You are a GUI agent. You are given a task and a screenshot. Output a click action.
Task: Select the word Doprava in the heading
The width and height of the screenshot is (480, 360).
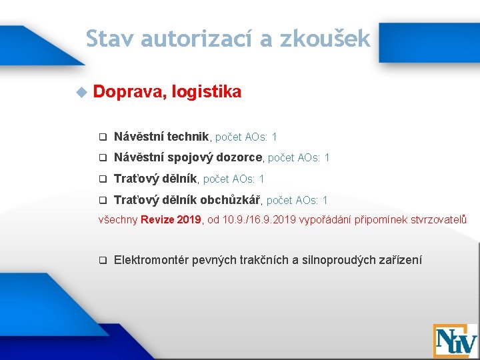point(129,92)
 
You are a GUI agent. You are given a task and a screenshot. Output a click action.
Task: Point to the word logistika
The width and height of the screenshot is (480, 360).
point(206,92)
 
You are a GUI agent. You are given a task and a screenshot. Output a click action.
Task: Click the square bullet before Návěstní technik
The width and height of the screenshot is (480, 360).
point(103,137)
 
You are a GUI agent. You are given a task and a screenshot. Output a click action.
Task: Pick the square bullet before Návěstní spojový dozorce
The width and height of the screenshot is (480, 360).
point(103,159)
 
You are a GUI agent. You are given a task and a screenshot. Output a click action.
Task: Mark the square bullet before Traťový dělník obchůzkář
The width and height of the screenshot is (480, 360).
point(103,201)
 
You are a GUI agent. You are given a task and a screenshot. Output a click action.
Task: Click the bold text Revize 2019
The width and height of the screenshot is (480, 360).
point(170,219)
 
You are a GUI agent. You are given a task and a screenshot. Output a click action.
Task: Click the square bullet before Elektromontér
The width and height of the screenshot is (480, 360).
point(103,261)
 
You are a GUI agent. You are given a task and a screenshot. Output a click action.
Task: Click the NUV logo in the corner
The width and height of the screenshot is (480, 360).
point(455,341)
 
